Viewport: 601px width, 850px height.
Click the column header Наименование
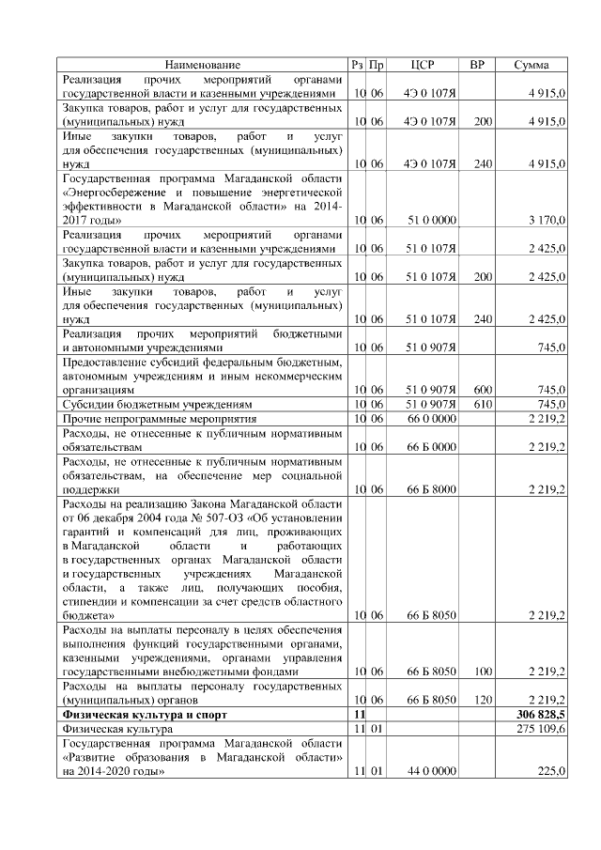203,65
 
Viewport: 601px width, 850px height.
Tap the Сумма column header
538,65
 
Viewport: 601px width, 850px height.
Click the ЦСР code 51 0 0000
431,220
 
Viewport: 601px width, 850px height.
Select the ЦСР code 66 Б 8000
431,488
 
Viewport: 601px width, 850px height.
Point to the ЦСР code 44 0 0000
431,770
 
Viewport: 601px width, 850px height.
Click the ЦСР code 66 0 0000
431,417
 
